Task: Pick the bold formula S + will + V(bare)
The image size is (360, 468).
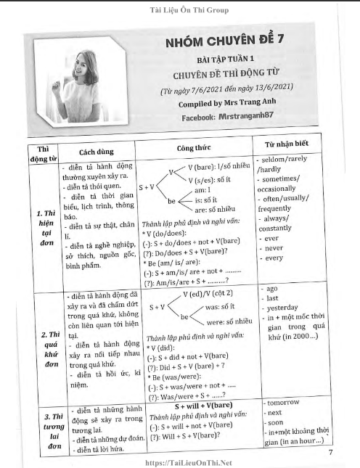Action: [x=194, y=405]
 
